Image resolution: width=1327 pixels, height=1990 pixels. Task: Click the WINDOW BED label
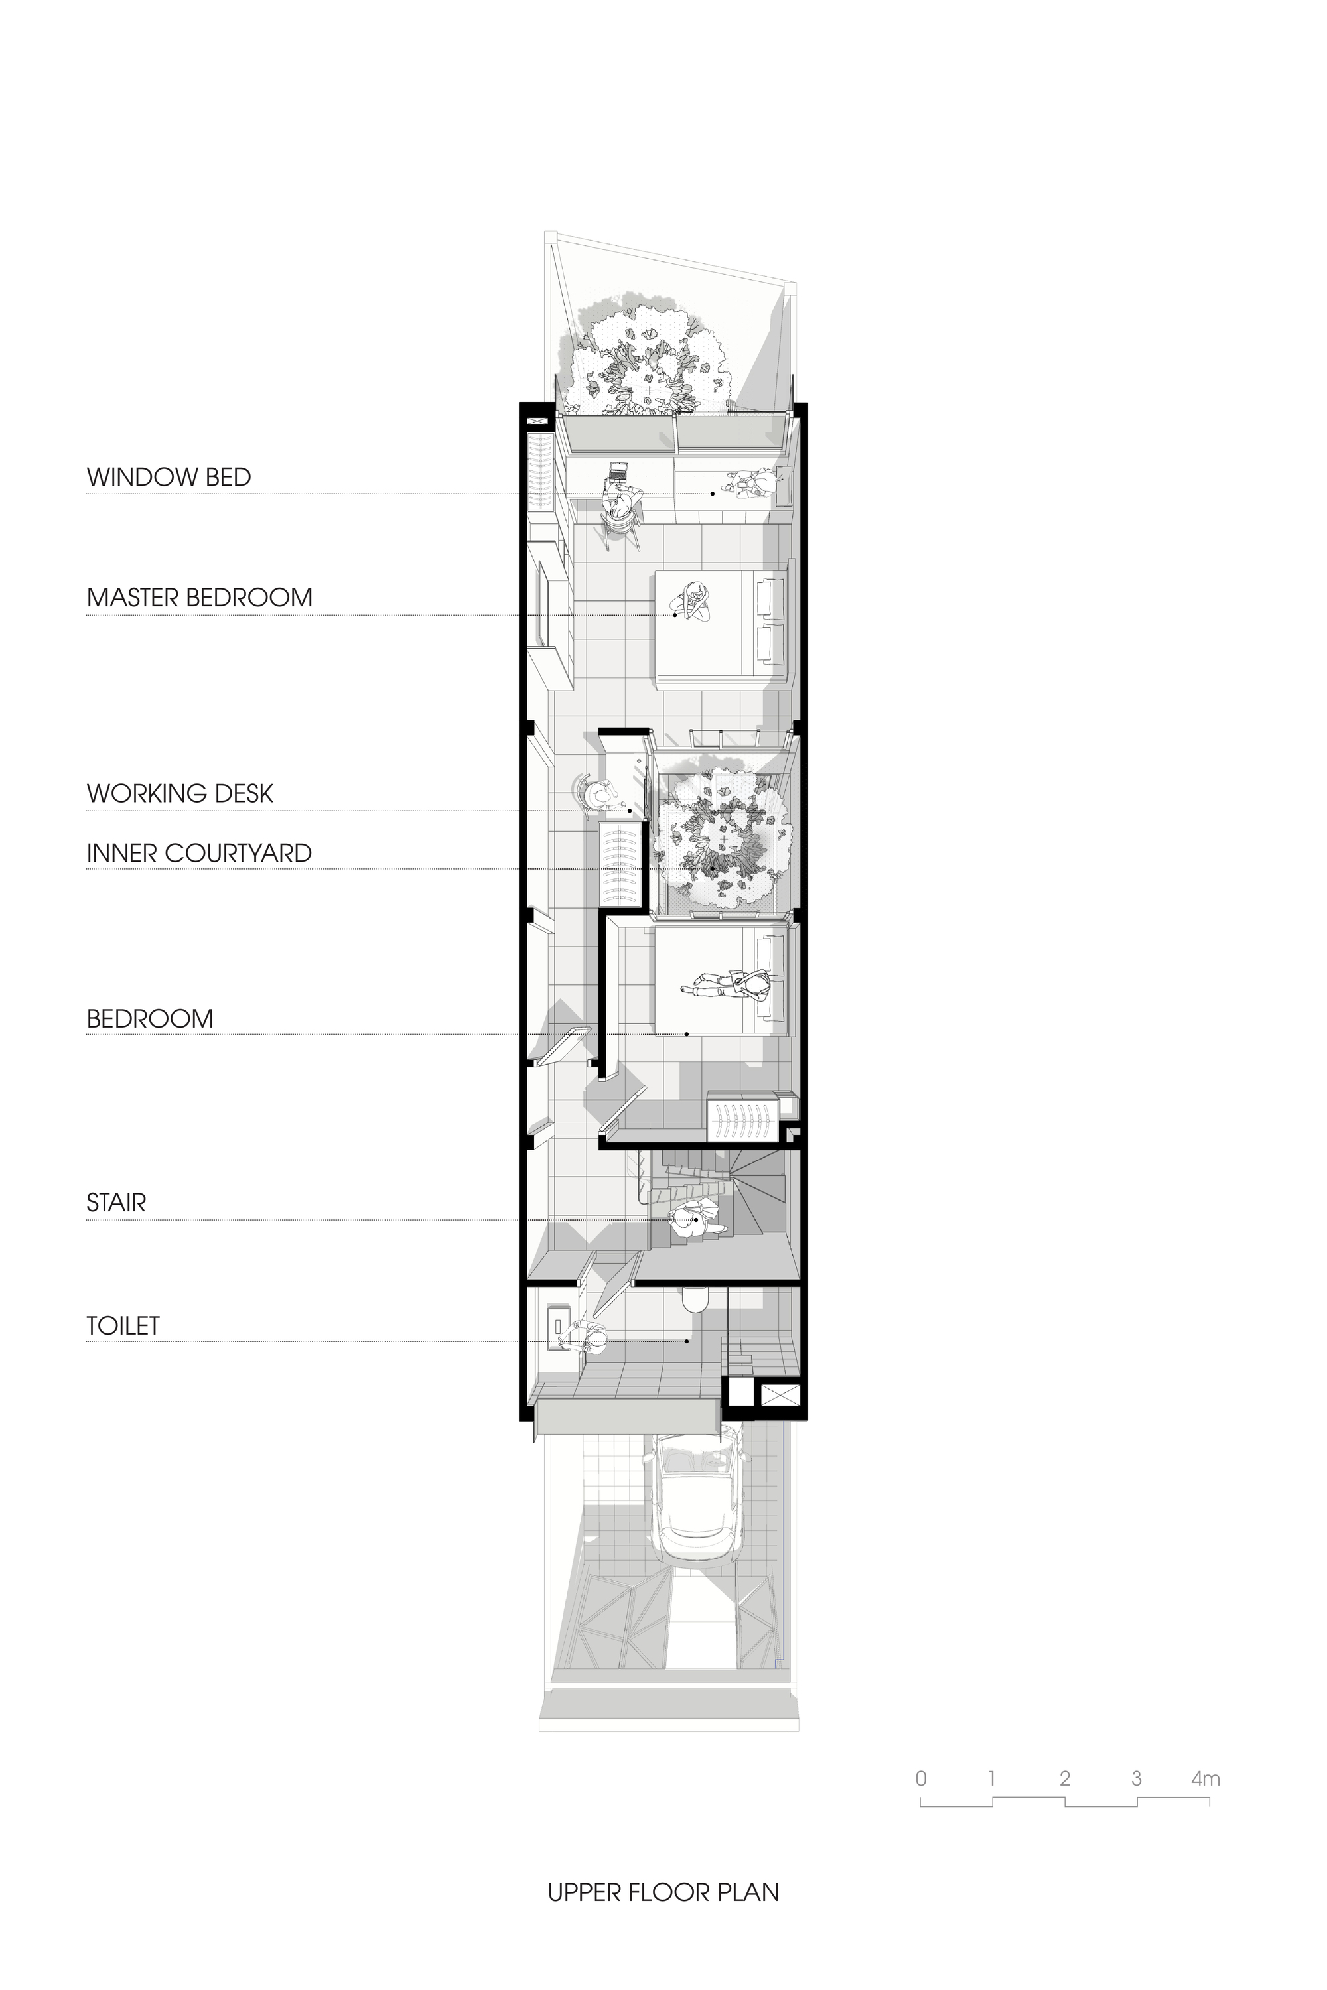[169, 477]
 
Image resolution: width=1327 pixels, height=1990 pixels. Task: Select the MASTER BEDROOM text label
[199, 598]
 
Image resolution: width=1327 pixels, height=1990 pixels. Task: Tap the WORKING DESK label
[179, 793]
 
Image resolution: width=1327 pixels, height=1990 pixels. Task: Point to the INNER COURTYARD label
[199, 854]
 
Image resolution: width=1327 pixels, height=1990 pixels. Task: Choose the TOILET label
[123, 1326]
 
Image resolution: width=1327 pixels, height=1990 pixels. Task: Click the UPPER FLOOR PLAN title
[663, 1892]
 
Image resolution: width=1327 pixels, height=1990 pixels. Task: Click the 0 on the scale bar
[921, 1778]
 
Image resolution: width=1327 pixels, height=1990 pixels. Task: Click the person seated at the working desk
[599, 795]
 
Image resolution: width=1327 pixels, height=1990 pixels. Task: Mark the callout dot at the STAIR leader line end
[695, 1220]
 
